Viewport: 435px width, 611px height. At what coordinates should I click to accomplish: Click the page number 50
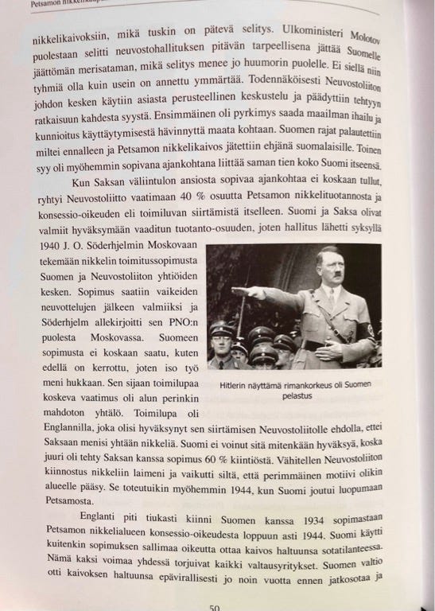(x=214, y=606)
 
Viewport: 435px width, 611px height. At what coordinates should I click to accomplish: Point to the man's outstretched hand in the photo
(x=236, y=291)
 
